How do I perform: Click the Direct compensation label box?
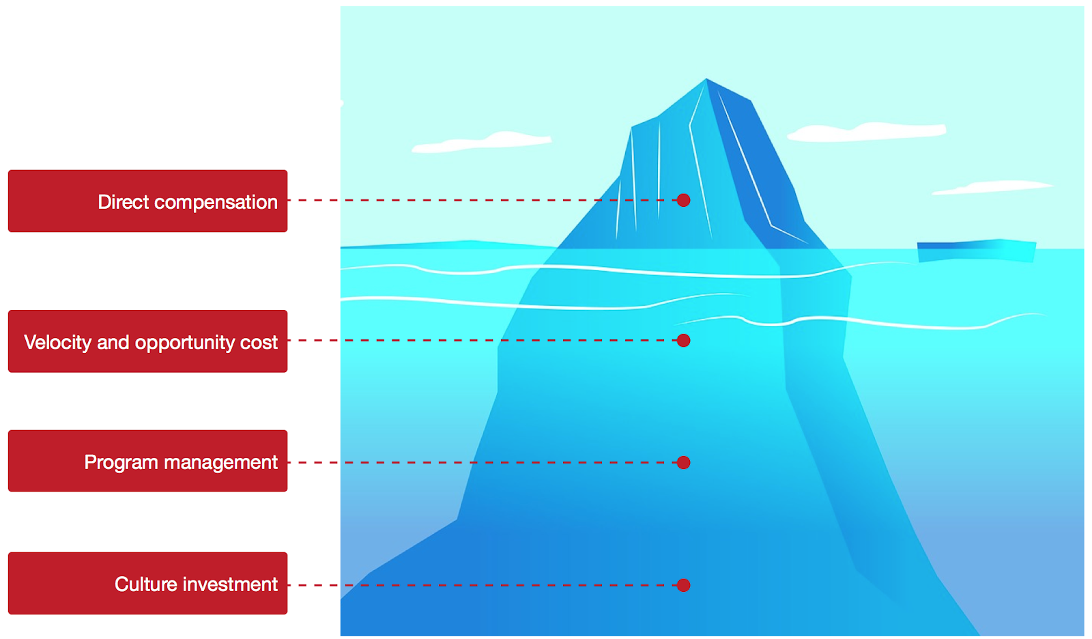[147, 201]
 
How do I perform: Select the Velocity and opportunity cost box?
[147, 341]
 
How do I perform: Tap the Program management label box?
[147, 461]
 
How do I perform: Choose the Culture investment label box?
[147, 583]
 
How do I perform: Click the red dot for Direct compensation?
[683, 200]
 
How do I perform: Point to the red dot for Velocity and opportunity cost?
[683, 340]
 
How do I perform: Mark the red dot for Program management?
[683, 462]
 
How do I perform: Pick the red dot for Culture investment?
[683, 585]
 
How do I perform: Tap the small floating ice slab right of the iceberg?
[976, 250]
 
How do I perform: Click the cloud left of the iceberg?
[481, 141]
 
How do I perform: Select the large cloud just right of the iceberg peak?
[867, 131]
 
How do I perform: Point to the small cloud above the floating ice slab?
[993, 186]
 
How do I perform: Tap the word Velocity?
[57, 342]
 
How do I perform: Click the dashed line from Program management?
[478, 462]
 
